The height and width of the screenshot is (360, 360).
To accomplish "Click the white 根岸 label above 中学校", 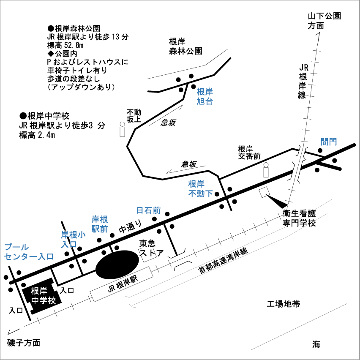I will (x=39, y=291).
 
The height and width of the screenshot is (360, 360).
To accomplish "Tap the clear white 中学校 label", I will (x=44, y=300).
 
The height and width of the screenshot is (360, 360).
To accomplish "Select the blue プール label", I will (x=16, y=247).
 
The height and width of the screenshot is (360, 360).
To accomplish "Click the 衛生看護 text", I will (x=299, y=213).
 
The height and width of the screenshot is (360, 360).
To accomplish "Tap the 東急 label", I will (x=147, y=243).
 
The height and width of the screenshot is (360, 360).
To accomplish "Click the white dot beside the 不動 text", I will (x=123, y=124).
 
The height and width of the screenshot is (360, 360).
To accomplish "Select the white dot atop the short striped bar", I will (x=266, y=165).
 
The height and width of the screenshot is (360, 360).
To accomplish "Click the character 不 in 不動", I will (x=130, y=112).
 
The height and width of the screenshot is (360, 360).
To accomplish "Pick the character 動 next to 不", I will (x=138, y=112).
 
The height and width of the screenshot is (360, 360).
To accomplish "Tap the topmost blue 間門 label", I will (x=329, y=142).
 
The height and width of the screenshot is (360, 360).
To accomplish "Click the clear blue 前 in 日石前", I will (x=157, y=210).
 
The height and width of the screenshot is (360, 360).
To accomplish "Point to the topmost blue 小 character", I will (x=82, y=235).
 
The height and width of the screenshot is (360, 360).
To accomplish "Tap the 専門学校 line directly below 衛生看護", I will (x=299, y=222).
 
